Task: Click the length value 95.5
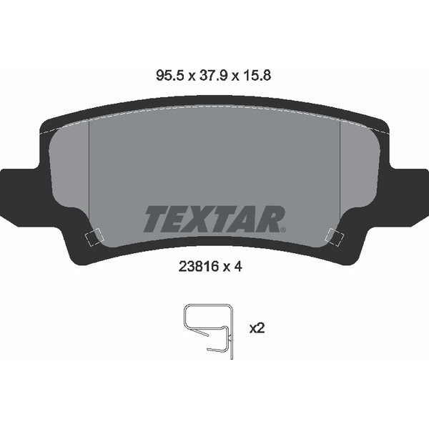tap(169, 75)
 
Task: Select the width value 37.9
tap(213, 75)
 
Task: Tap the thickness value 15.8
tap(257, 75)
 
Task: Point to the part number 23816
tap(199, 267)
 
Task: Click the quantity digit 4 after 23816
tap(238, 267)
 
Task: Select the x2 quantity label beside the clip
tap(257, 328)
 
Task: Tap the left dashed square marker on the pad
tap(94, 237)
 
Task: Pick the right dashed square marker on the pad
tap(335, 237)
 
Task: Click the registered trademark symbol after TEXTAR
tap(283, 230)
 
